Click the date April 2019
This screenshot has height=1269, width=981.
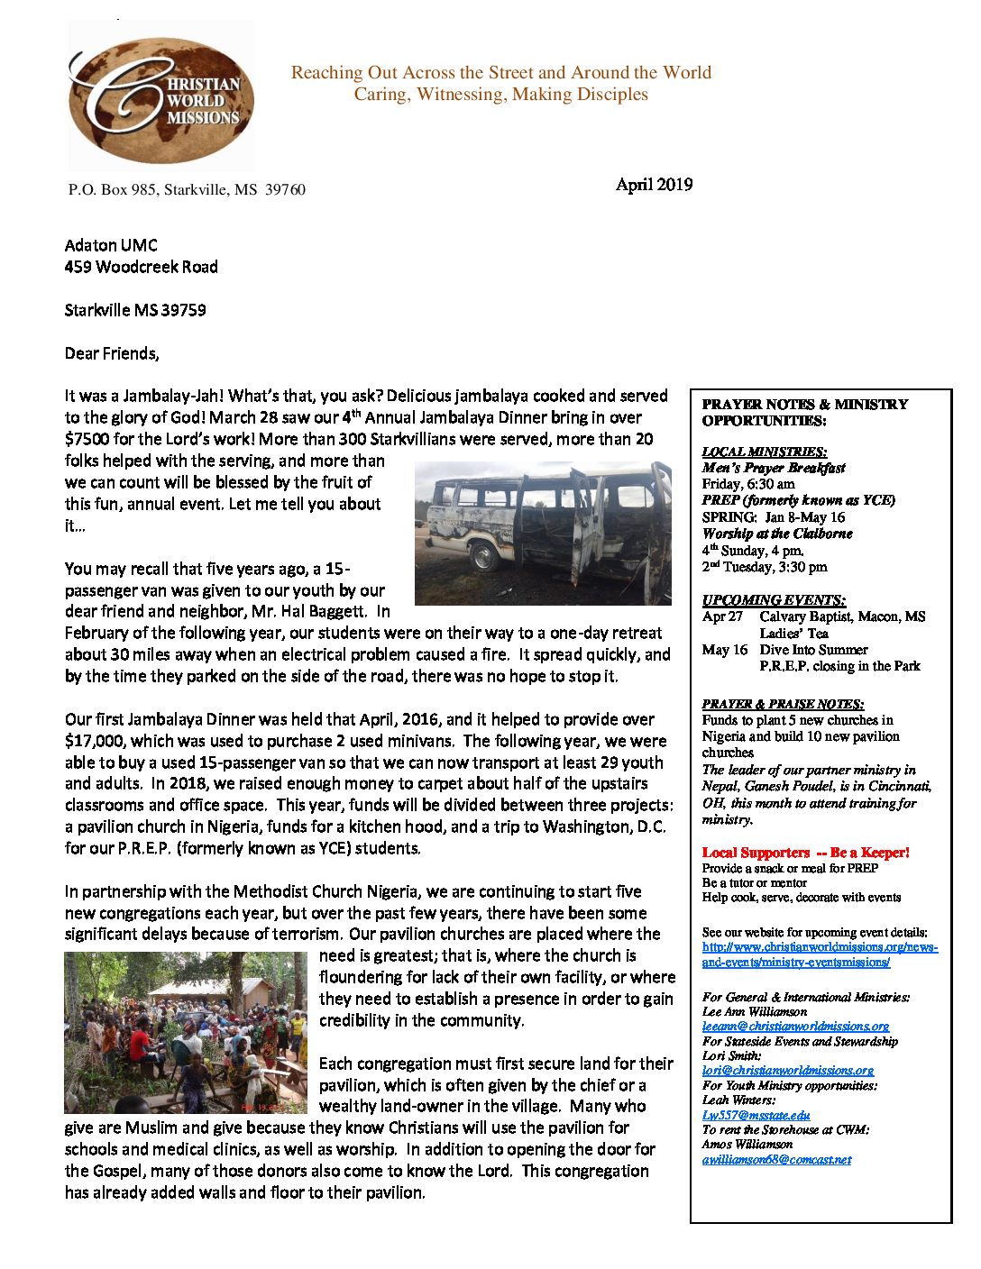click(654, 185)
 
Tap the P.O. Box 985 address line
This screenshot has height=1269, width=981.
click(187, 189)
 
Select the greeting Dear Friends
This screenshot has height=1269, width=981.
click(112, 353)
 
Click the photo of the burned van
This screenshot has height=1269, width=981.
click(543, 533)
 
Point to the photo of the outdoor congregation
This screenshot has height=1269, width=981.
click(186, 1032)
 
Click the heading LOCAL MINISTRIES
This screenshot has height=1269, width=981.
click(764, 452)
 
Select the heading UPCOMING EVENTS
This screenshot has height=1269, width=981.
click(774, 599)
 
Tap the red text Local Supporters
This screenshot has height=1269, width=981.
click(756, 852)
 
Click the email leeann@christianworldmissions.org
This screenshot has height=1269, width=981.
click(795, 1026)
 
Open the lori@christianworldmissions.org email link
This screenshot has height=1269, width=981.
click(787, 1070)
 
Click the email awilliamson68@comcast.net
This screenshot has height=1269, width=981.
click(776, 1159)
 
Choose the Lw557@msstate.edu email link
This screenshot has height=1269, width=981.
click(756, 1115)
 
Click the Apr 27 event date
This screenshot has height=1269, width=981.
click(722, 616)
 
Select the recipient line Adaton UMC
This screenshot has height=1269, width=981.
click(111, 245)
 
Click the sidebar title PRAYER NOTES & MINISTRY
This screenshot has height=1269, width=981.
click(804, 405)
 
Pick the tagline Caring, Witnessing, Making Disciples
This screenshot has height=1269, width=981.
click(500, 95)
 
